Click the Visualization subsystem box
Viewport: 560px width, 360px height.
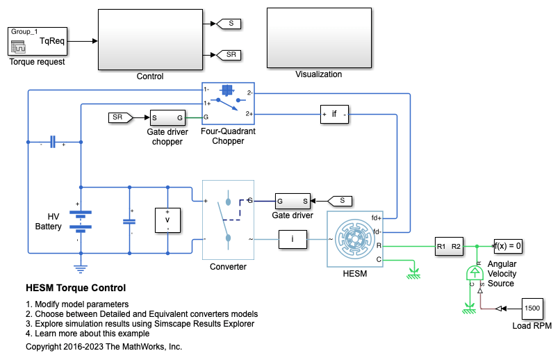pyautogui.click(x=318, y=38)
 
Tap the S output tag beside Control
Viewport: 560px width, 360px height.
pyautogui.click(x=230, y=24)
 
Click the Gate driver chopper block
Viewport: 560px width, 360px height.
pyautogui.click(x=167, y=117)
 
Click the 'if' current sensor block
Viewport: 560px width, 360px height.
pyautogui.click(x=334, y=115)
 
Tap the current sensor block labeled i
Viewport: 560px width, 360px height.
pyautogui.click(x=293, y=240)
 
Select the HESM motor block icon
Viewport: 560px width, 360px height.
pyautogui.click(x=355, y=239)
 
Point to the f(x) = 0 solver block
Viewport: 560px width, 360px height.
pyautogui.click(x=507, y=246)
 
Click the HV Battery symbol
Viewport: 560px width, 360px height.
pyautogui.click(x=81, y=221)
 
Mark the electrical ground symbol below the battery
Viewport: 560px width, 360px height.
pyautogui.click(x=81, y=267)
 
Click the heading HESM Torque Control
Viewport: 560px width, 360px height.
pyautogui.click(x=76, y=288)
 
